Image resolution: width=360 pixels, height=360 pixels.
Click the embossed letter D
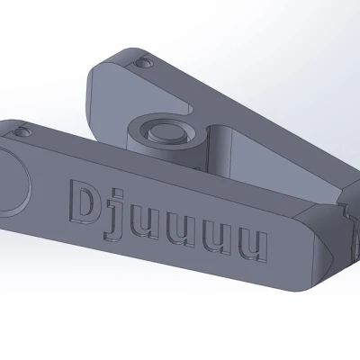click(x=82, y=201)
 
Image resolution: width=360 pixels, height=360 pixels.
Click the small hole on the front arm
click(x=21, y=131)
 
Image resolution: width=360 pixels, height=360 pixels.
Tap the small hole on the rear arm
click(x=143, y=63)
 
